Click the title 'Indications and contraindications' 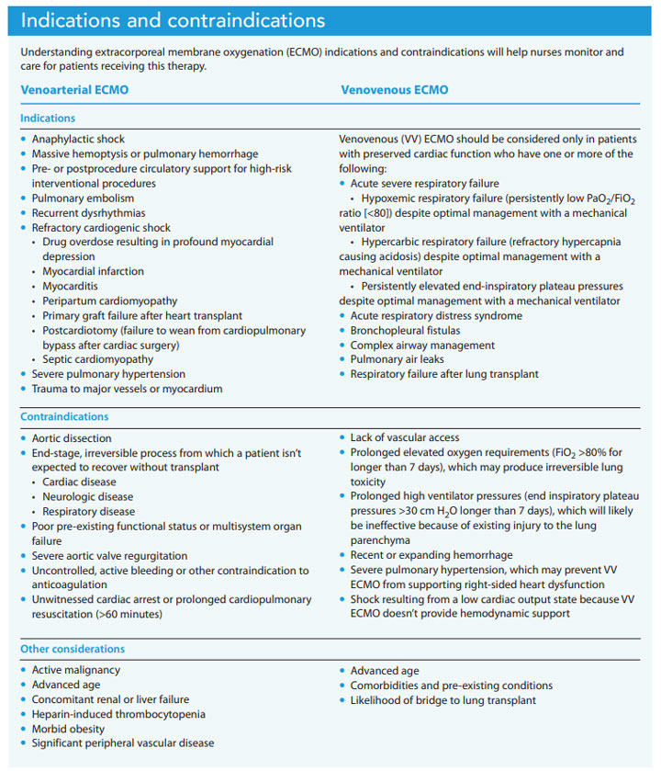(x=173, y=19)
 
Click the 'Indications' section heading (x=48, y=119)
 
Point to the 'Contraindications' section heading (x=63, y=417)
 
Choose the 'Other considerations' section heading (x=73, y=649)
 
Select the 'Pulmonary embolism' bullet (x=83, y=198)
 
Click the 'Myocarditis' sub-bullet (x=74, y=287)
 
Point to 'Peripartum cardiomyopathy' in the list (x=109, y=301)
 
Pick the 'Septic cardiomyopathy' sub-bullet (x=99, y=359)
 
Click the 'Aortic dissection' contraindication (x=72, y=438)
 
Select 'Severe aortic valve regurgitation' (x=109, y=556)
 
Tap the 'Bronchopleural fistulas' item (x=409, y=331)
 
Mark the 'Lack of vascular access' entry (x=405, y=438)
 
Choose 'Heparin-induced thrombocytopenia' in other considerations (x=118, y=714)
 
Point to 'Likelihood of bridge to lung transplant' (x=443, y=700)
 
